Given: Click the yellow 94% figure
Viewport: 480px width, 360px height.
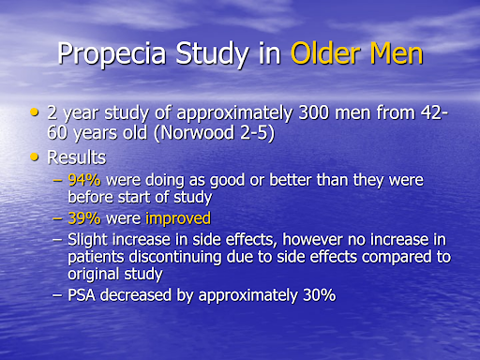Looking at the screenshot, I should tap(85, 181).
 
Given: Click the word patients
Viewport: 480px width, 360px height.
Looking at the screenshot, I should tap(97, 256).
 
